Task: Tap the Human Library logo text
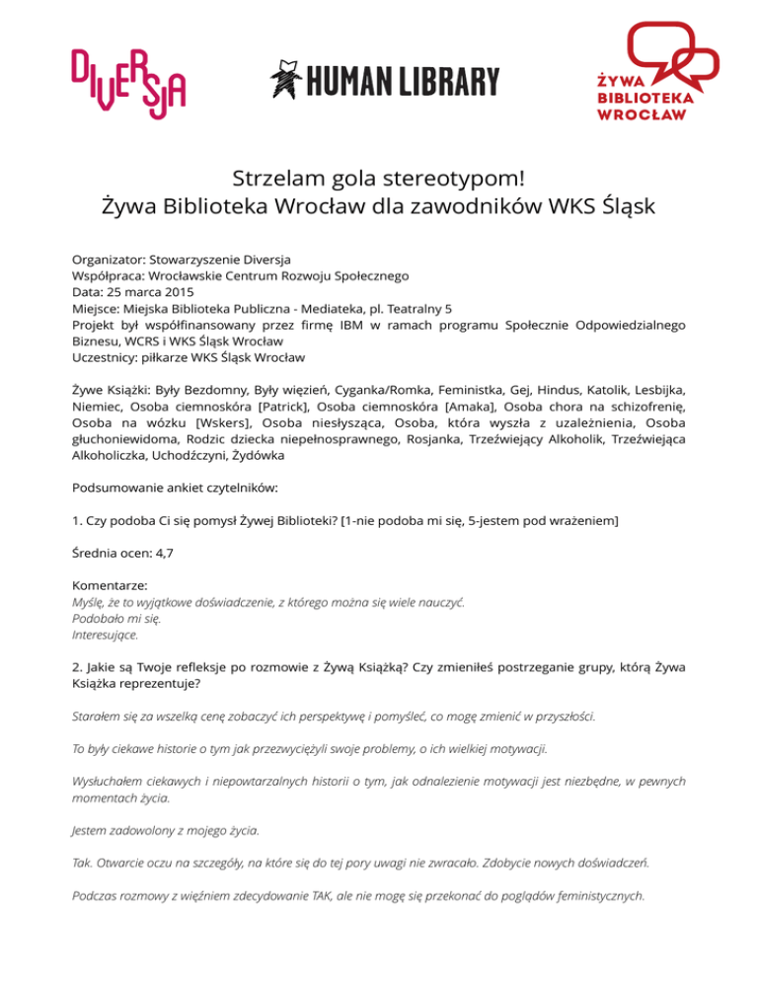[385, 81]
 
